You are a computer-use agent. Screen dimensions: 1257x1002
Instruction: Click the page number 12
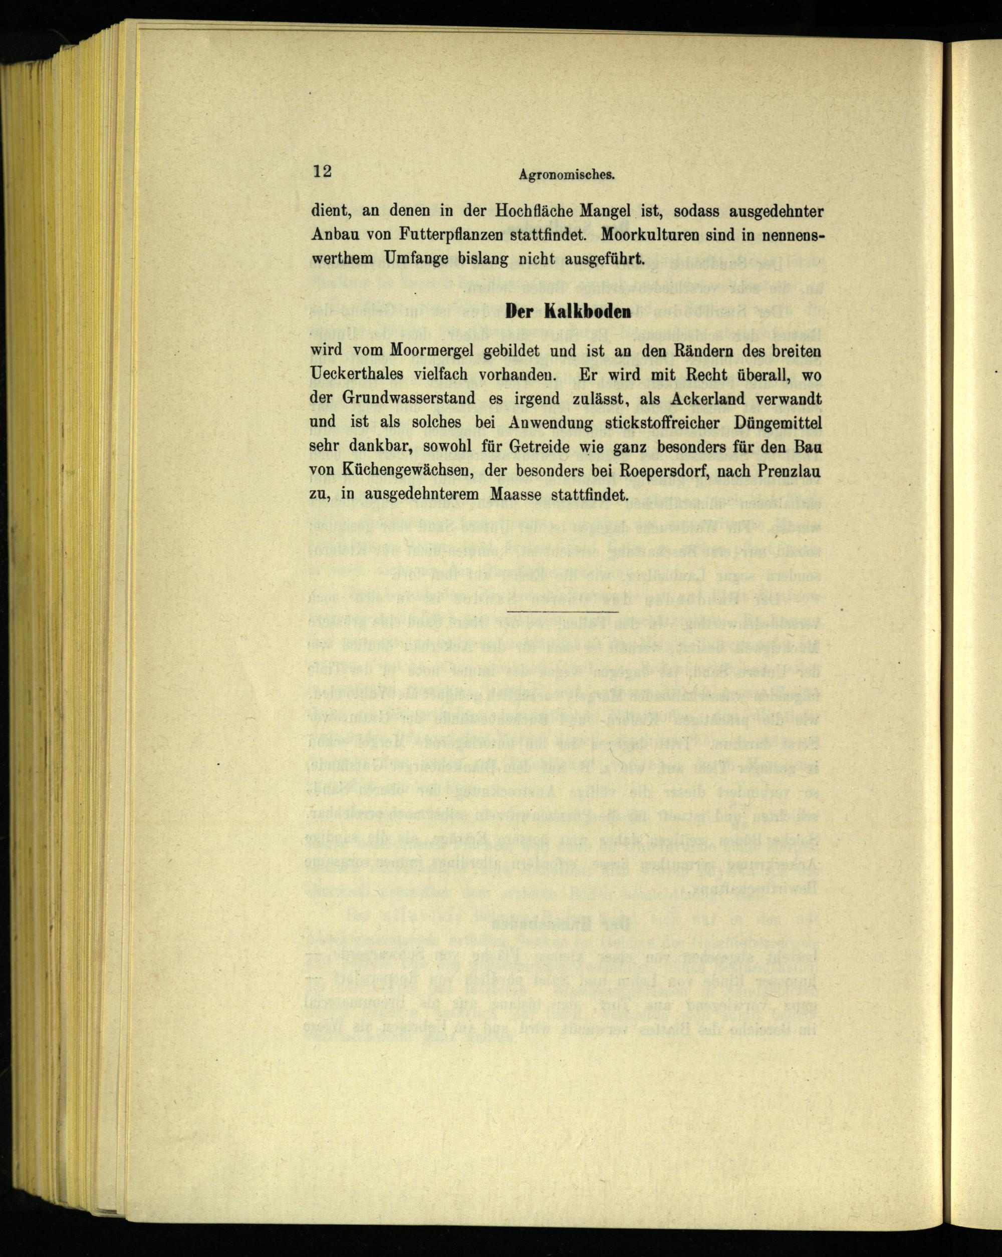[x=323, y=171]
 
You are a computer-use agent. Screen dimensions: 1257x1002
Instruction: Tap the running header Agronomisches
[x=559, y=174]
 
